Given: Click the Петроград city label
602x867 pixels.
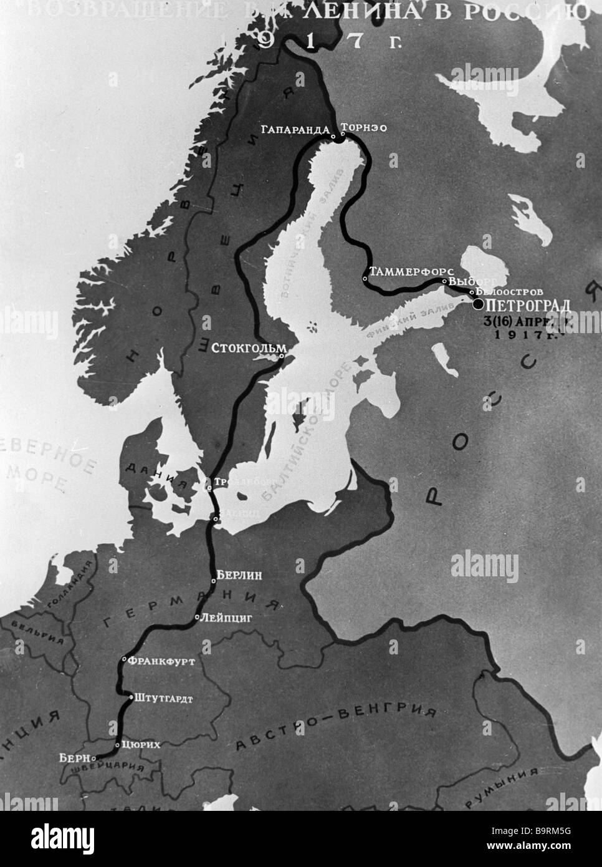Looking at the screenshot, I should point(527,304).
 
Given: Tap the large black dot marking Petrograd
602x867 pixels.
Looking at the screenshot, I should point(478,304).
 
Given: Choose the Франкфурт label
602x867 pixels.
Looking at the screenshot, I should point(161,659).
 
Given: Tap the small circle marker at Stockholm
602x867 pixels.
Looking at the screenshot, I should point(282,356).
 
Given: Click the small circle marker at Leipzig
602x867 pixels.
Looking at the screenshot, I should point(197,618).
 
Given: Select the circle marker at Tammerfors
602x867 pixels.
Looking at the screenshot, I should point(365,278).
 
